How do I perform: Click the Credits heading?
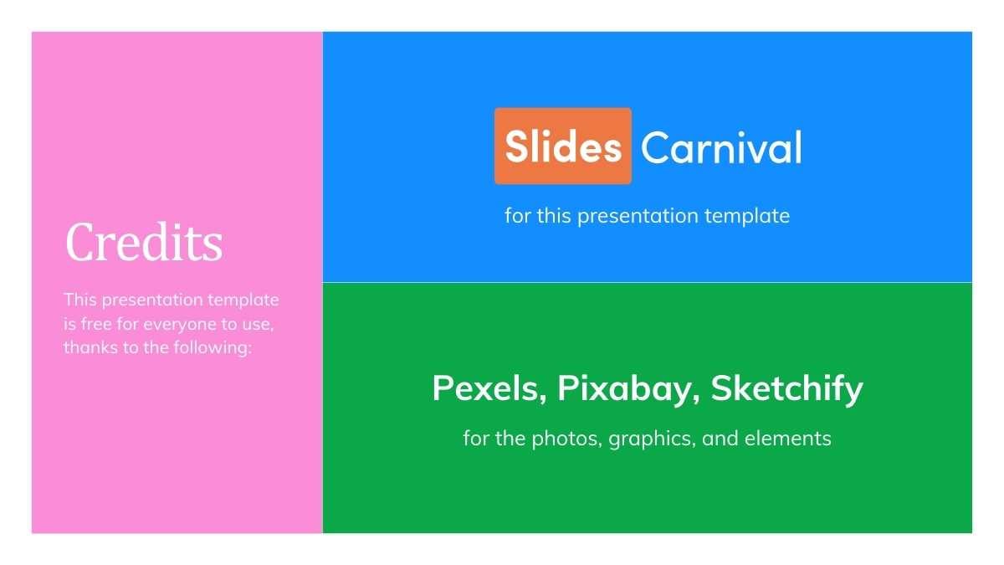(x=144, y=243)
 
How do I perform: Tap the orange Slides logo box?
(x=563, y=146)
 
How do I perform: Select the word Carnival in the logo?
(x=721, y=148)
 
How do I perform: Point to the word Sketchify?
(x=786, y=388)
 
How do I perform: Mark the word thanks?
(x=89, y=347)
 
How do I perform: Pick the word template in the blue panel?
(x=747, y=216)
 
